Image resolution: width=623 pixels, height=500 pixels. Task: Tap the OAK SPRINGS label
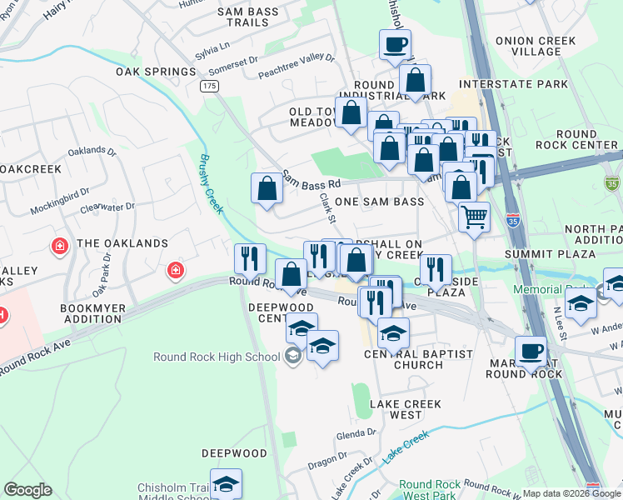click(x=149, y=71)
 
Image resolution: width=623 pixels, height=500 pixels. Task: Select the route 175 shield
click(x=209, y=86)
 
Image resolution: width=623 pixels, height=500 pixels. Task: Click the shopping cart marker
click(x=474, y=217)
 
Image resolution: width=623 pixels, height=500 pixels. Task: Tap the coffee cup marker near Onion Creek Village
click(x=395, y=44)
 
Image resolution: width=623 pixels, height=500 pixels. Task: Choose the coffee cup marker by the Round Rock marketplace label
click(x=531, y=351)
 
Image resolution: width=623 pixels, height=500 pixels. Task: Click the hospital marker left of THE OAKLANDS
click(x=60, y=246)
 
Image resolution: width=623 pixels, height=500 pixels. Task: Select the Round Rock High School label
click(x=217, y=357)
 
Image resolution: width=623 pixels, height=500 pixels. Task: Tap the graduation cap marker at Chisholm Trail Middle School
click(x=225, y=484)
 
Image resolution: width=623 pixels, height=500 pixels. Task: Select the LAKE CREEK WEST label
click(x=396, y=409)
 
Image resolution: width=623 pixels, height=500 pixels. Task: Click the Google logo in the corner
click(x=27, y=490)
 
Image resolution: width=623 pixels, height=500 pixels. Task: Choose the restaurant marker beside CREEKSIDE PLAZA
click(x=436, y=269)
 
